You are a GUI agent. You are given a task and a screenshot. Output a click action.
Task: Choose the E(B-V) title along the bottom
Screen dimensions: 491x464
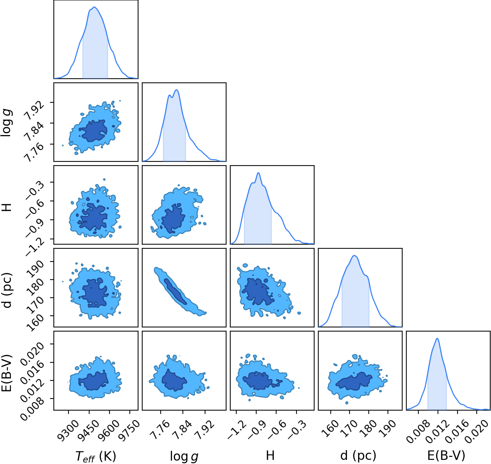446,456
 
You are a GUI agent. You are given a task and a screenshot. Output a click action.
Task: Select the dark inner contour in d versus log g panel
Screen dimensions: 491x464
175,291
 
